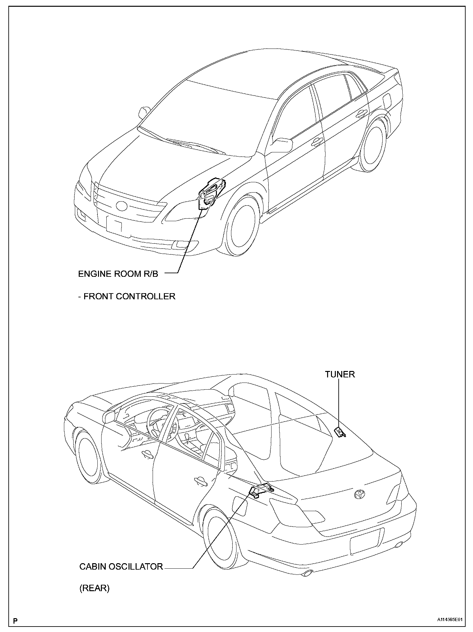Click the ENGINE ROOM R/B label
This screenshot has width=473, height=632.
[x=118, y=274]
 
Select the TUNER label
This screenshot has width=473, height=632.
[x=340, y=374]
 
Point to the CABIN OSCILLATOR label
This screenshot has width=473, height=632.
[x=121, y=566]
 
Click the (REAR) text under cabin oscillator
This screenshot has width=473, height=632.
[x=94, y=588]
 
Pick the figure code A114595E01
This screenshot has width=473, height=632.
[x=449, y=619]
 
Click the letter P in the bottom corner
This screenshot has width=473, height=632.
[x=15, y=620]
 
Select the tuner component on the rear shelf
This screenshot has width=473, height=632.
[x=340, y=432]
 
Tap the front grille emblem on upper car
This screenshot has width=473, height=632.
[x=122, y=205]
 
